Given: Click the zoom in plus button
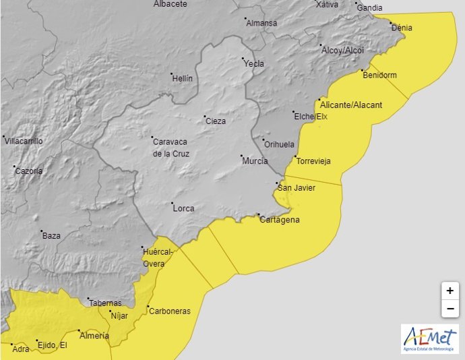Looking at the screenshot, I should [449, 291].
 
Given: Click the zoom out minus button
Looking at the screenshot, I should [449, 309].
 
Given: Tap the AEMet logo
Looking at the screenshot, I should [429, 338].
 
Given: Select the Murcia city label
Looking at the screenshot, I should [255, 161].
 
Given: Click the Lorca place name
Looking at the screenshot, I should [183, 208].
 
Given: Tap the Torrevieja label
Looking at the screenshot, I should [313, 161].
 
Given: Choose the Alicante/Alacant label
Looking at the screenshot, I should [350, 105].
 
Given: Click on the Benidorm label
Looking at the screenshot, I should [379, 75].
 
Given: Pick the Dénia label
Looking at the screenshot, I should [402, 28].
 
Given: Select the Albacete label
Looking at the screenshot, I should [170, 4].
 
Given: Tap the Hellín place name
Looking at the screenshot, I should [182, 78].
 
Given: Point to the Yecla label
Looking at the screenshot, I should [254, 64].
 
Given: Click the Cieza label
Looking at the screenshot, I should [216, 121].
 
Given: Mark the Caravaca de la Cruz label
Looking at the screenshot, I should [171, 148].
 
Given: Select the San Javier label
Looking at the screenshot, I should [297, 187].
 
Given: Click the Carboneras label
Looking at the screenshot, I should [169, 311].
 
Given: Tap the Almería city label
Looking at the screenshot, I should [94, 335].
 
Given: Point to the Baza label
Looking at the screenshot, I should [51, 235].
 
